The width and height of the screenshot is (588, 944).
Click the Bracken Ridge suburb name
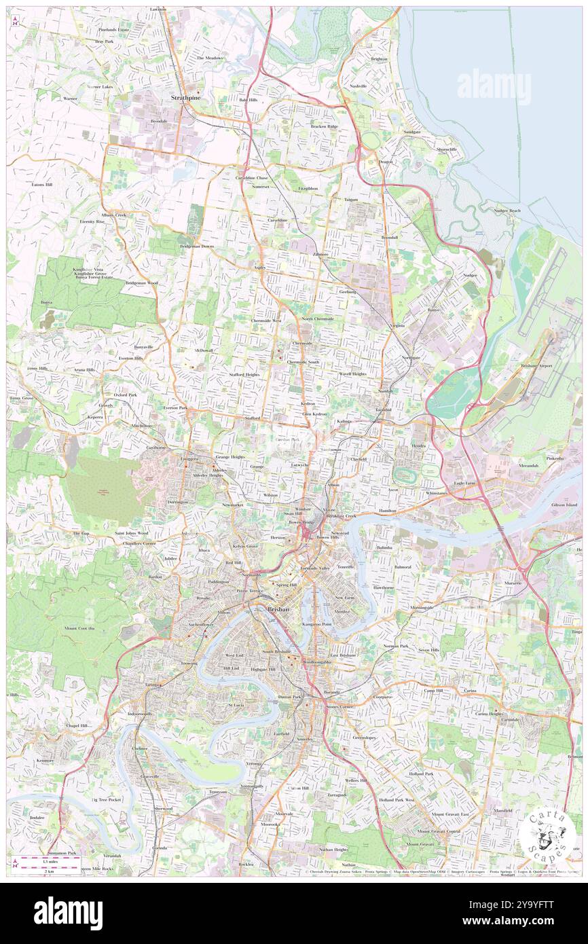[324, 126]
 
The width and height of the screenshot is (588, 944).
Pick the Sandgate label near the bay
[412, 132]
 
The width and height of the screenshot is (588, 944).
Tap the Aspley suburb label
[259, 268]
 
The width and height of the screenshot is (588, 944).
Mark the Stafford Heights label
[244, 374]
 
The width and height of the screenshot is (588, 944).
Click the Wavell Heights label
[352, 374]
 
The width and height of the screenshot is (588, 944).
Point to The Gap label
[81, 534]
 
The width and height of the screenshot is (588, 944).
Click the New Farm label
[345, 598]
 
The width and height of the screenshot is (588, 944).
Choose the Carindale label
[510, 719]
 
